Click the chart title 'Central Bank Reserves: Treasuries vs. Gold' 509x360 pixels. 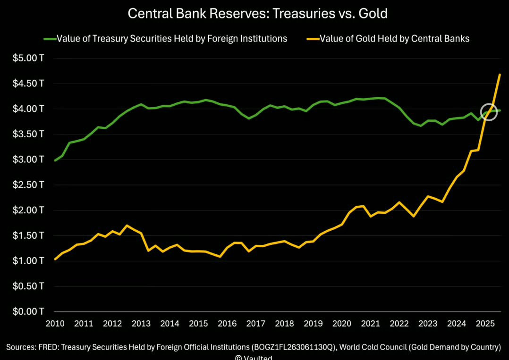tap(257, 14)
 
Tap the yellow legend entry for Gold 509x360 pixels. tap(394, 39)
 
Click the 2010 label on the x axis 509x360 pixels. tap(55, 324)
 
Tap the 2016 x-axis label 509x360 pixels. tap(227, 324)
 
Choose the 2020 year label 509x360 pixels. tap(341, 324)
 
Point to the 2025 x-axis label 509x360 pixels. tap(484, 324)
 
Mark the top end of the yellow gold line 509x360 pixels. tap(500, 75)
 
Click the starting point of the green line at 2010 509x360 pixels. tap(55, 160)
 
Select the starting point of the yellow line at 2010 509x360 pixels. tap(55, 259)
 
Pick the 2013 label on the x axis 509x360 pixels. tap(141, 324)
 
